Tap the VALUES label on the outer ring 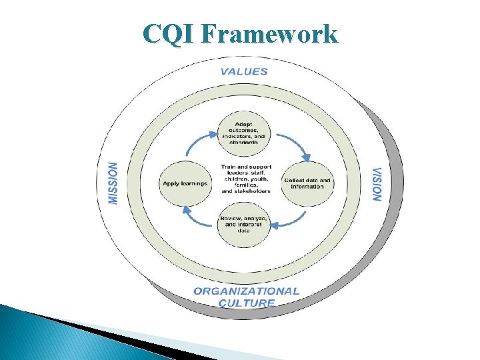tap(244, 71)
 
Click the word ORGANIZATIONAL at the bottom tap(246, 291)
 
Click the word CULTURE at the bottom tap(247, 303)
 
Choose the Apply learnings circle tap(184, 183)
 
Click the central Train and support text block tap(245, 178)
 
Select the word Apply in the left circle tap(171, 183)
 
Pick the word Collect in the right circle tap(293, 180)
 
